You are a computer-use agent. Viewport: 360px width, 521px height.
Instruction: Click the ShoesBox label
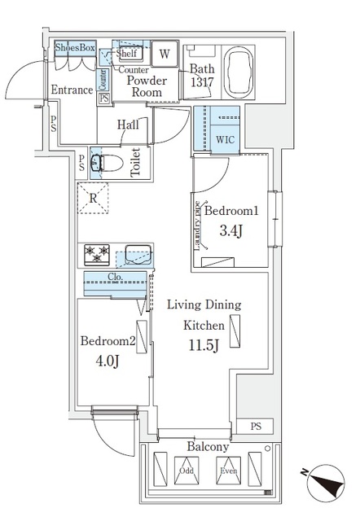click(75, 49)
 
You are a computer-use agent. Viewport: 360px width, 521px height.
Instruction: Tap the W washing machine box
click(165, 55)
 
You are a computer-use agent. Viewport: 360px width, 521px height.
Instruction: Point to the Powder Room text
click(147, 86)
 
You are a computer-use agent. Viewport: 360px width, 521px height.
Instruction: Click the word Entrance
click(72, 90)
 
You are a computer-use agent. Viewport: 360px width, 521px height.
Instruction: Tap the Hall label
click(127, 125)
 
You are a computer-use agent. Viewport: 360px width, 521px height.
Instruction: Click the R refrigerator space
click(94, 198)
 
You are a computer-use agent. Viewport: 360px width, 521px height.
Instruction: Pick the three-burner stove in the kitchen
click(96, 255)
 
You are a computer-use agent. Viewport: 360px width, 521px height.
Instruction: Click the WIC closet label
click(225, 139)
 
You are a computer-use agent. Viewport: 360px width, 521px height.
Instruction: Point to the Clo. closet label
click(115, 277)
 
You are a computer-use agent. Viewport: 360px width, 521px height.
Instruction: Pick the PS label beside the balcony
click(257, 426)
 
